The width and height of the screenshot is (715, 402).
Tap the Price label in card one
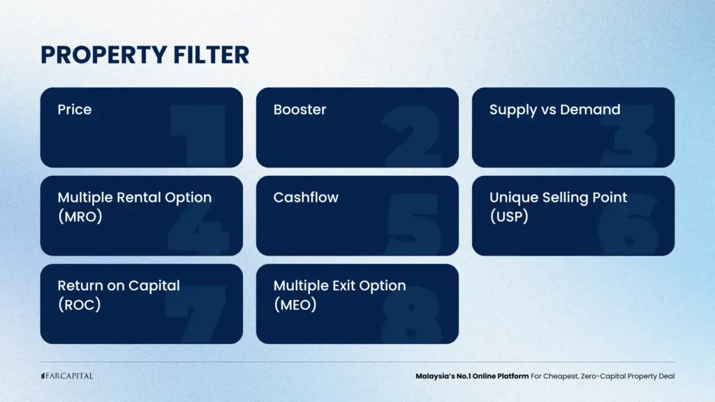[x=75, y=110]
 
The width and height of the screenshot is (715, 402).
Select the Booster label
[x=300, y=110]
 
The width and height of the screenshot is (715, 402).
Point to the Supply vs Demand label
[x=554, y=110]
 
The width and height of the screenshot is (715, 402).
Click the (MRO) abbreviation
[x=80, y=216]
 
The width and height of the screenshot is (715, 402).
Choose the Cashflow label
[x=306, y=198]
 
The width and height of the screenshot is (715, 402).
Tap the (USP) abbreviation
[x=509, y=216]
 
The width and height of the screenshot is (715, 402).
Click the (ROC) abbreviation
[x=80, y=304]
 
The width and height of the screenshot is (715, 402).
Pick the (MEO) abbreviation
[x=295, y=304]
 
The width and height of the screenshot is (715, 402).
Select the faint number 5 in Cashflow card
[x=413, y=223]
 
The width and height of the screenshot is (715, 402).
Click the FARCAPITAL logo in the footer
[x=67, y=376]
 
